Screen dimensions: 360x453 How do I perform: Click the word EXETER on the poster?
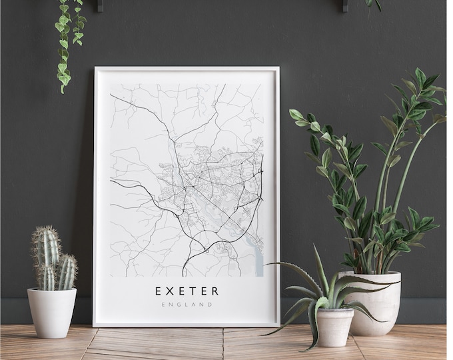coord(187,291)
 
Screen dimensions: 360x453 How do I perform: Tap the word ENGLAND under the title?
coord(187,305)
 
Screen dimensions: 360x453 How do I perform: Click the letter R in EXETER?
coord(215,291)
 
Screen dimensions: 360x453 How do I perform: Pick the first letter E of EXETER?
coord(159,291)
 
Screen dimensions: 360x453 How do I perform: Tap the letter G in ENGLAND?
coord(179,305)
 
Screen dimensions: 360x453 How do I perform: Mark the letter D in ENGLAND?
coord(211,305)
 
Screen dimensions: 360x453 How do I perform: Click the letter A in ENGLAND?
coord(194,305)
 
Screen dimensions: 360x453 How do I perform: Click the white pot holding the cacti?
coord(51,311)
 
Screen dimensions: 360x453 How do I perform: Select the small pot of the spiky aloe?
coord(334,327)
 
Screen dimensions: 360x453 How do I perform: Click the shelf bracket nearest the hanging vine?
coord(99,6)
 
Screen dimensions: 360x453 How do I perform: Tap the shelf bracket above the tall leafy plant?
coord(345,6)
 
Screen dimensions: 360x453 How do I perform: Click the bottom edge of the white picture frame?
coord(187,324)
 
